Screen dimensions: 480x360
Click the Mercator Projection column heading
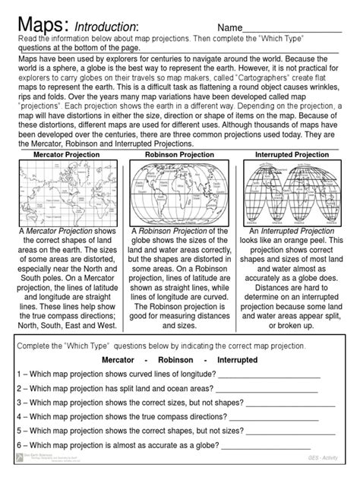click(x=67, y=154)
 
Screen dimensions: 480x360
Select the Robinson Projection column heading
click(x=180, y=154)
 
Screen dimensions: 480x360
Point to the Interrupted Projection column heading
click(x=292, y=154)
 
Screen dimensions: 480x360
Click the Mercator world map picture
click(x=67, y=191)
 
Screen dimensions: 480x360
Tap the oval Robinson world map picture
click(x=180, y=192)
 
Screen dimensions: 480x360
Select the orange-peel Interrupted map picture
click(x=292, y=192)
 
